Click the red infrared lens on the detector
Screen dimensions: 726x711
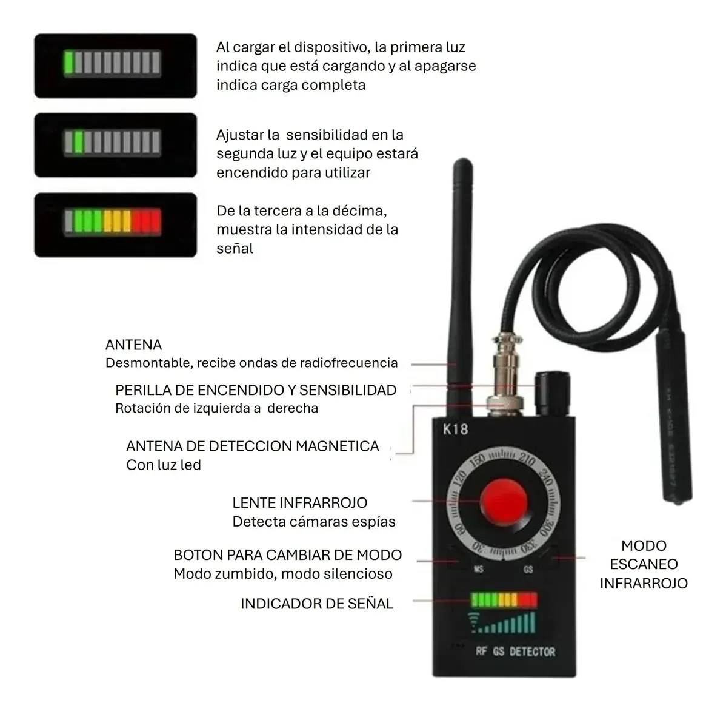(x=504, y=502)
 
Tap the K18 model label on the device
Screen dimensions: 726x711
(x=455, y=430)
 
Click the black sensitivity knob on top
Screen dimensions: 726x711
(x=552, y=394)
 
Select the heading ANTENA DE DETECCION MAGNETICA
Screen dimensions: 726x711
(x=252, y=446)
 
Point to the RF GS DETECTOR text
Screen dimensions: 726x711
(x=515, y=652)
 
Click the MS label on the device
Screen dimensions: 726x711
(x=479, y=568)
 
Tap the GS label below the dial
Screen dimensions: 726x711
(x=528, y=569)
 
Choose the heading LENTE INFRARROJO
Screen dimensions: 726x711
(x=299, y=503)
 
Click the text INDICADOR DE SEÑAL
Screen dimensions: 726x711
(x=317, y=604)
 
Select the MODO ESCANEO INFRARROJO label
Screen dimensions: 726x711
(x=644, y=564)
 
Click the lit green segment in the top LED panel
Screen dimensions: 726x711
(x=68, y=62)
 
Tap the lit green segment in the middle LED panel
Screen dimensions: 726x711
(x=78, y=142)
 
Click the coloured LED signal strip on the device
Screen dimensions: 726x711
(x=504, y=600)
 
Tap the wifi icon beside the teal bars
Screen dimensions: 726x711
(x=473, y=622)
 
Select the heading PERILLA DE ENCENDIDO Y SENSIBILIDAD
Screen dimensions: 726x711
(x=256, y=390)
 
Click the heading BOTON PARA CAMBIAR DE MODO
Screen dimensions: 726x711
(x=287, y=555)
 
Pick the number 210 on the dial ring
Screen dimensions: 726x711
(x=527, y=460)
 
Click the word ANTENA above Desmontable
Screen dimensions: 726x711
(x=133, y=345)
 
